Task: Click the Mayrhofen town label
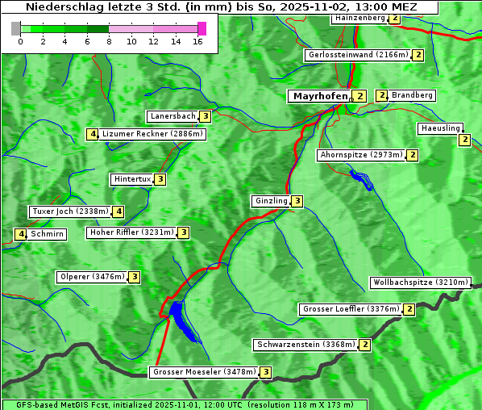320,96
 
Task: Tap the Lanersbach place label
172,116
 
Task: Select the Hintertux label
132,179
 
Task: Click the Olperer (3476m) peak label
92,277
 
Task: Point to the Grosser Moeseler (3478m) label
204,372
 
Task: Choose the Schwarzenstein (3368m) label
305,345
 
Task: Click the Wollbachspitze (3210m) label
419,282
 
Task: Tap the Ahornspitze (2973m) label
360,154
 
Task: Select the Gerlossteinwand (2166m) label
357,55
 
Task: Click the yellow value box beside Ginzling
297,201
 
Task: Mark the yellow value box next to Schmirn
21,234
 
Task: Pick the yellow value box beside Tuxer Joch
118,211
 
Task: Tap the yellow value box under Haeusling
464,140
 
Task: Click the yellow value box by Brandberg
382,95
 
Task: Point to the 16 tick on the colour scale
197,42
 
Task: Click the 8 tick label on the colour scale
109,42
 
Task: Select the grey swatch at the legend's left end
16,28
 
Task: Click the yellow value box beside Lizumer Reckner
93,134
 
